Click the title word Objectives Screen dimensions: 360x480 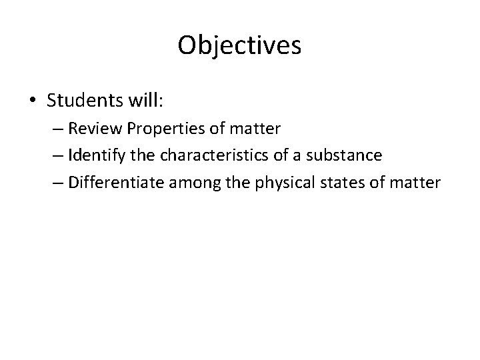pos(240,45)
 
